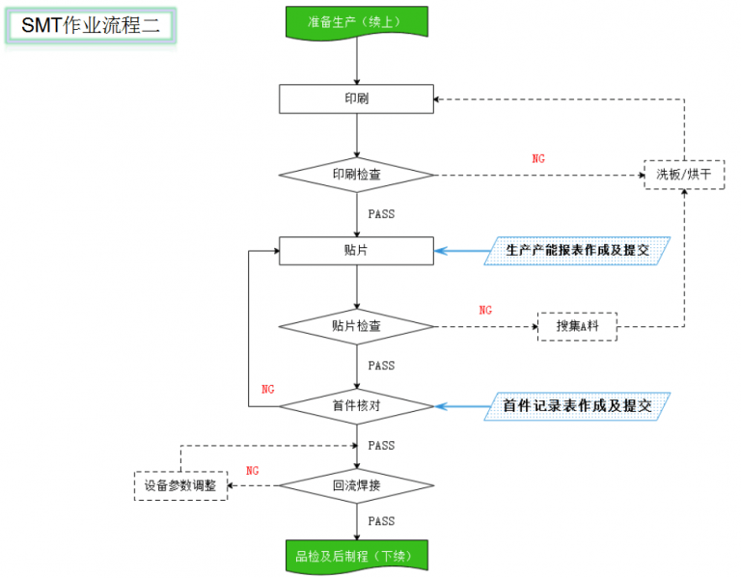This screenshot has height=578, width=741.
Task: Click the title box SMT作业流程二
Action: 91,26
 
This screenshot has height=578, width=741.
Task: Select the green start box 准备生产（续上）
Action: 356,21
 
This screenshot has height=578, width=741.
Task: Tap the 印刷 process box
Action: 356,98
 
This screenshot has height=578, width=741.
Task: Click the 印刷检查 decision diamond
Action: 356,175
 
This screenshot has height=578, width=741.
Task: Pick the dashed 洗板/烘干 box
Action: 684,175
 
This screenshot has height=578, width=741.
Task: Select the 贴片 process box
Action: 356,251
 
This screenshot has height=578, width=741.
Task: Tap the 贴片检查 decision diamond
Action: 356,326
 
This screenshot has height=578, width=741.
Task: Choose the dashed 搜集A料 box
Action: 577,327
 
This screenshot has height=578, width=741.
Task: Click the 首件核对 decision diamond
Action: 356,406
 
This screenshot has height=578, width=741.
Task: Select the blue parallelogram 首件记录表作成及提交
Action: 577,406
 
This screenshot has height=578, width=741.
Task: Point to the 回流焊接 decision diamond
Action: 356,484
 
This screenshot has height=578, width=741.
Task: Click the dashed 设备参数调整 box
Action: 180,484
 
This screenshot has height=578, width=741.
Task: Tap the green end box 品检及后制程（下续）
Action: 356,555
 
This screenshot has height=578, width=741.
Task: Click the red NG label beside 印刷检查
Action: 538,158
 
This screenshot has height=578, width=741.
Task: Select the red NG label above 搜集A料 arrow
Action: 485,311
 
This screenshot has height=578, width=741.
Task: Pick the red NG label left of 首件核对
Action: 268,389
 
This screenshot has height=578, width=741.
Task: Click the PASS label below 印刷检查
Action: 381,214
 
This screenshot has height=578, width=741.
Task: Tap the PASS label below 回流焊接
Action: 381,522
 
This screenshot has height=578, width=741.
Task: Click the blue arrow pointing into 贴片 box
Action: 463,251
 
